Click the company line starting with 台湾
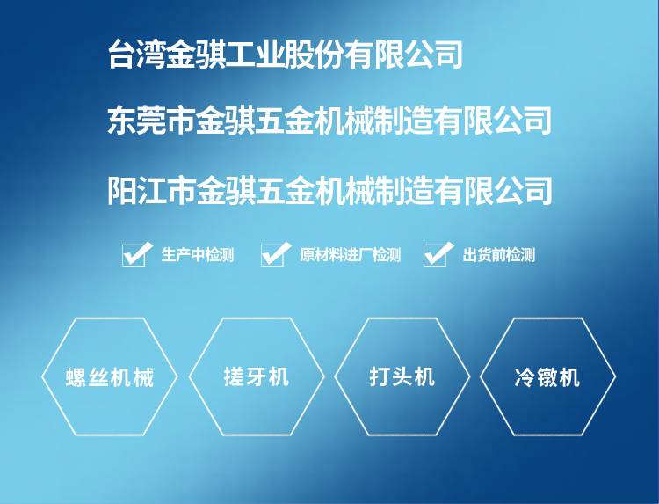point(286,55)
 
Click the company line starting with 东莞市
point(329,121)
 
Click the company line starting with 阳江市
point(329,191)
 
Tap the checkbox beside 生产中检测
point(134,255)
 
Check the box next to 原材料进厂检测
point(273,255)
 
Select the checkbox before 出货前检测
point(436,255)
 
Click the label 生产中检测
point(198,255)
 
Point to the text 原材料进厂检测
point(350,255)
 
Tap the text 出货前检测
point(499,255)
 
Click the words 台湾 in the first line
point(137,55)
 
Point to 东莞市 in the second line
point(152,121)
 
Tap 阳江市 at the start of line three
point(152,191)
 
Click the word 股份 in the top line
point(315,55)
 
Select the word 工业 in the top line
point(255,55)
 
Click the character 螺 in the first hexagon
point(76,377)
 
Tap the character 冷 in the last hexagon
point(525,377)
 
